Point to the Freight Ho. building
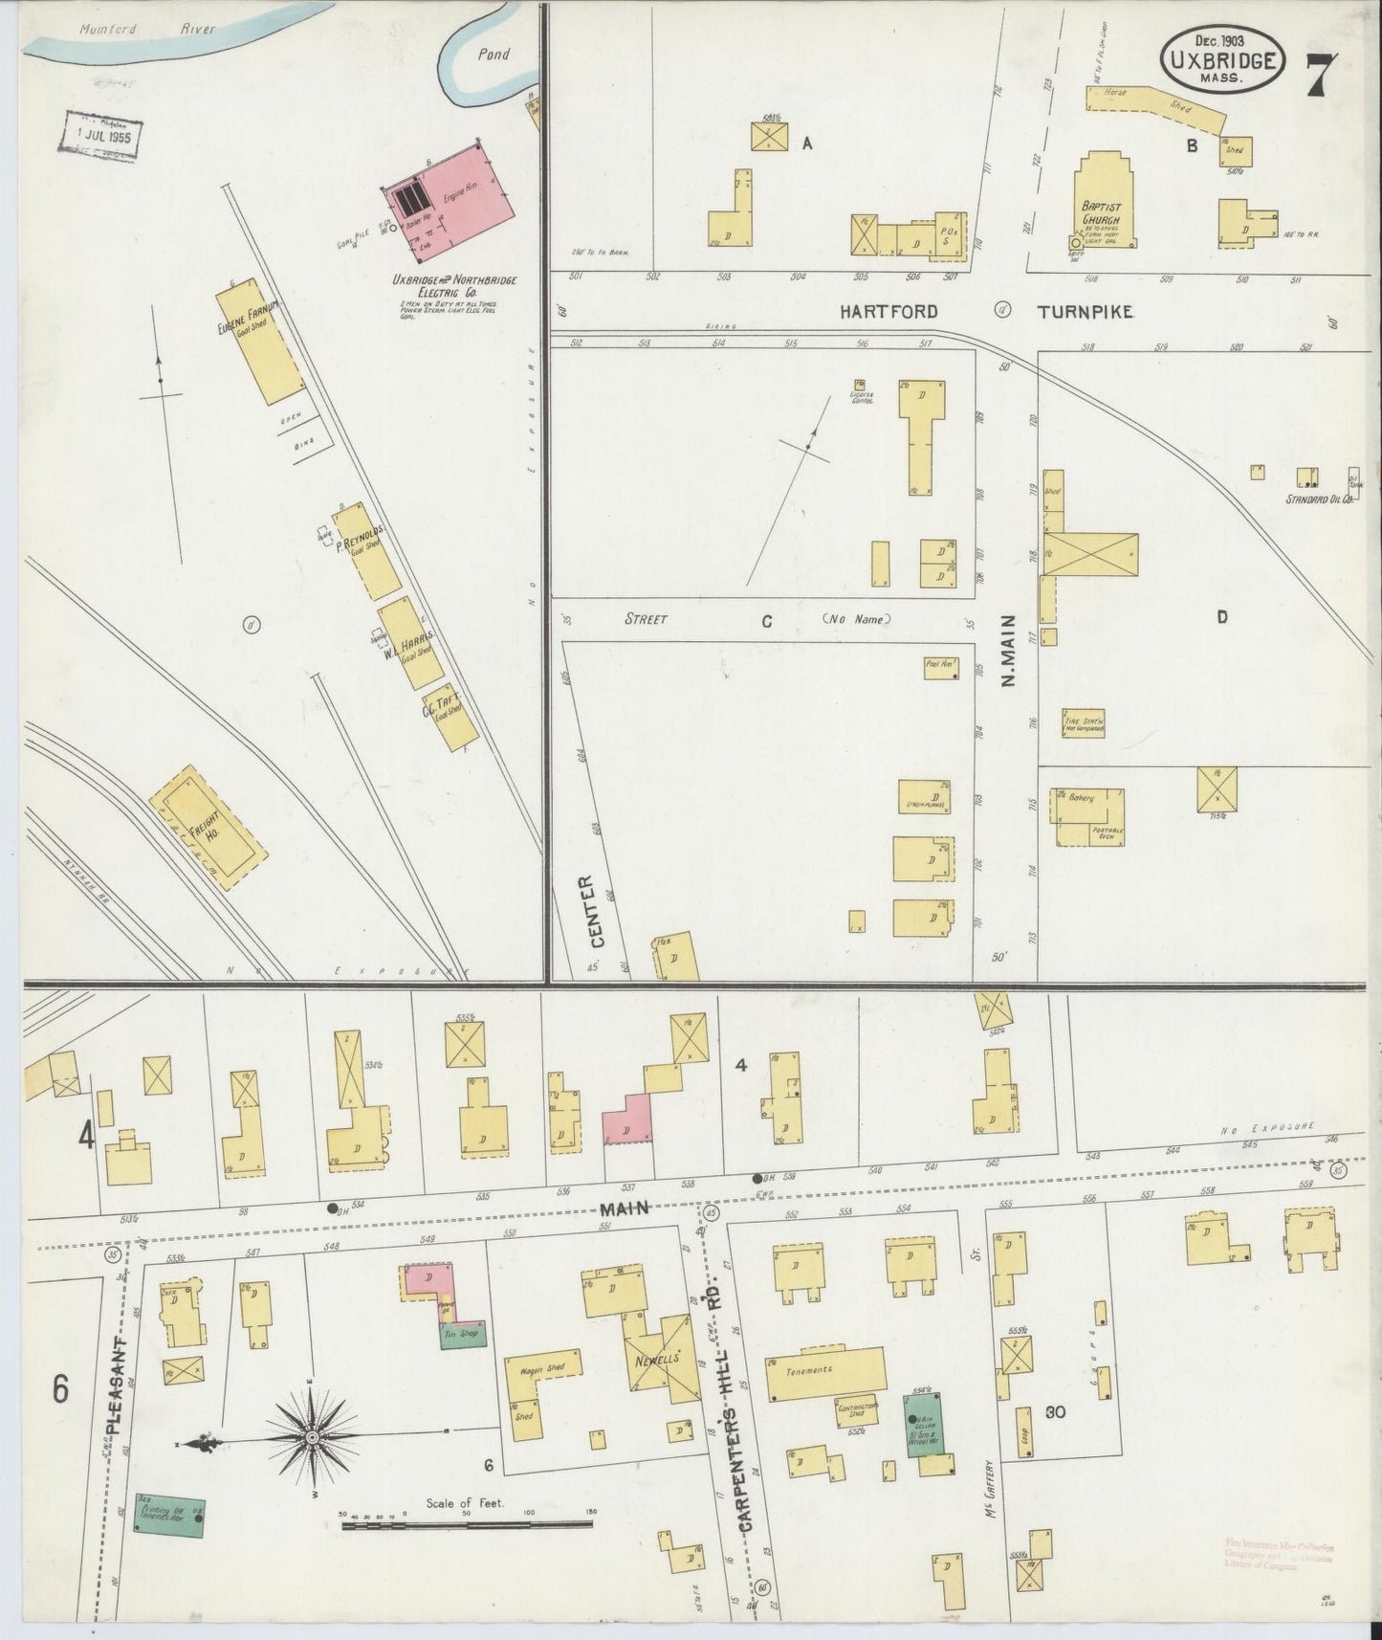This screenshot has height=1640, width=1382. click(208, 830)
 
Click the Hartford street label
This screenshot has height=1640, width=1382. click(888, 311)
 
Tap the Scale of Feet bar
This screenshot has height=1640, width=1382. click(469, 1521)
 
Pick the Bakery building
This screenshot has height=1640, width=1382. click(1088, 816)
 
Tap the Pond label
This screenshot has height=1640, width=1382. click(494, 55)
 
